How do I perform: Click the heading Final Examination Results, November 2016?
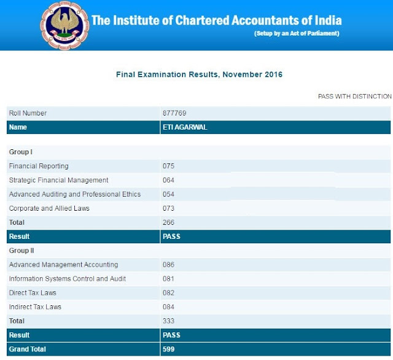[x=199, y=74]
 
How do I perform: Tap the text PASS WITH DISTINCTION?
[x=354, y=96]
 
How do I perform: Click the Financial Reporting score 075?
[x=169, y=166]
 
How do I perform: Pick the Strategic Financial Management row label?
[x=58, y=180]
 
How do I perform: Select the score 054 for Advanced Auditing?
[x=169, y=194]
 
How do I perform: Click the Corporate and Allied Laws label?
[x=49, y=208]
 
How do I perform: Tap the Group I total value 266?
[x=169, y=222]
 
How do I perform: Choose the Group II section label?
[x=21, y=251]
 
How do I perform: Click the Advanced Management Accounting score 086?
[x=169, y=265]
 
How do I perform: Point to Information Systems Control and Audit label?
[x=68, y=279]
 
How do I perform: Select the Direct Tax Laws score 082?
[x=169, y=293]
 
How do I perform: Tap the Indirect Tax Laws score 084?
[x=169, y=307]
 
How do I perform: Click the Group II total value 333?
[x=169, y=321]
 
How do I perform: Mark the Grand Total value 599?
[x=169, y=349]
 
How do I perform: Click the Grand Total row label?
[x=28, y=349]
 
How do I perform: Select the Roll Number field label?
[x=28, y=113]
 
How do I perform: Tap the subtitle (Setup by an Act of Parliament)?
[x=297, y=33]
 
